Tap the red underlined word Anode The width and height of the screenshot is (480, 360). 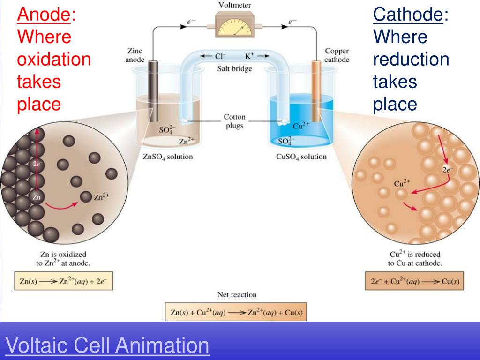(44, 15)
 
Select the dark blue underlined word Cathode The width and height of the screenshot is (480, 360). (408, 15)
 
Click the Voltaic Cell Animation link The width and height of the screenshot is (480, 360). (106, 346)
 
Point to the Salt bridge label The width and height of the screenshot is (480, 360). (234, 69)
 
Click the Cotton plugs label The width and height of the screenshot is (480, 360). (234, 121)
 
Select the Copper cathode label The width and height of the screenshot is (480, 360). (337, 55)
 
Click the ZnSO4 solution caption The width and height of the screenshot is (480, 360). (167, 157)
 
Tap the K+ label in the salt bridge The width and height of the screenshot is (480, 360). (249, 56)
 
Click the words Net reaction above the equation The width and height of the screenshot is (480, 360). (237, 295)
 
